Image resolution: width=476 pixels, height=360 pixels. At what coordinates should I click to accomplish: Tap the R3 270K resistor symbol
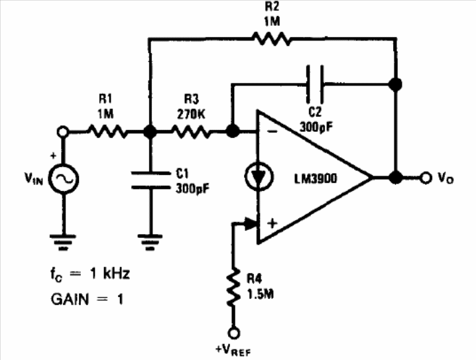tap(191, 133)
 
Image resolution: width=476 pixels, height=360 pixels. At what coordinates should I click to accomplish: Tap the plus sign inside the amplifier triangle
tap(271, 223)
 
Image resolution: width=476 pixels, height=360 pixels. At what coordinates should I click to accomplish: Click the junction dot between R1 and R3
tap(150, 133)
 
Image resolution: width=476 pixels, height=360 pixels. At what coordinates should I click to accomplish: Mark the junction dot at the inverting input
tap(233, 133)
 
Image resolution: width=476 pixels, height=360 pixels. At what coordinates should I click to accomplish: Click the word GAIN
tap(70, 298)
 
